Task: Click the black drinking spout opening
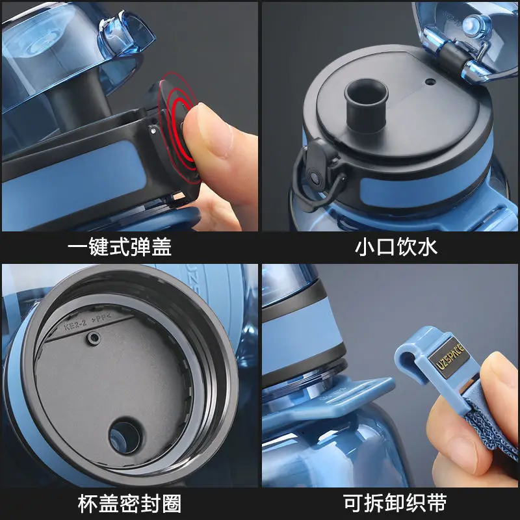point(366,95)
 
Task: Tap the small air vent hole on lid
point(430,83)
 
